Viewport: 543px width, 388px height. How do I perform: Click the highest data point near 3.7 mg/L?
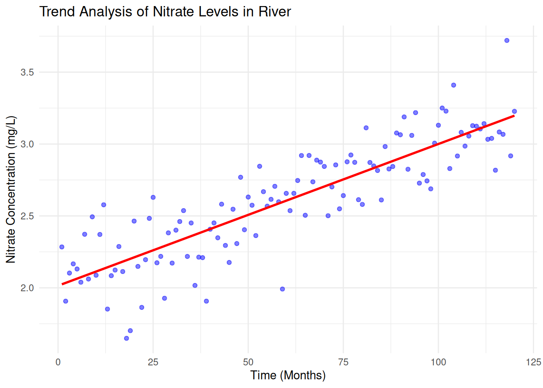(507, 40)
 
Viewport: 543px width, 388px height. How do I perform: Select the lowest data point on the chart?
(126, 338)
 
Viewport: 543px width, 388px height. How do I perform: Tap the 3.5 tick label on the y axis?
(27, 72)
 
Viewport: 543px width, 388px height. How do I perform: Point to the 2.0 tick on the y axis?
(27, 288)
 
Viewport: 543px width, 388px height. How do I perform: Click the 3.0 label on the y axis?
(27, 144)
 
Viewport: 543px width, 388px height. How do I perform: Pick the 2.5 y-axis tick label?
(27, 216)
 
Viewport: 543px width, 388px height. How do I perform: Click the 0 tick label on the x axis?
(58, 362)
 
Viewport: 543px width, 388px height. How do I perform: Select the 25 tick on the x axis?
(153, 362)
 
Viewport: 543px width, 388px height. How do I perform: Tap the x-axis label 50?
(248, 362)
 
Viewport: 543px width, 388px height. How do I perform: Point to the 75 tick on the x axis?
(343, 362)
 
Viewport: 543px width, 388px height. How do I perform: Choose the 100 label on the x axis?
(438, 362)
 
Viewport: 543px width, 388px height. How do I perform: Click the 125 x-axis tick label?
(533, 362)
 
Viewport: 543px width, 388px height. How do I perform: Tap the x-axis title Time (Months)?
(288, 375)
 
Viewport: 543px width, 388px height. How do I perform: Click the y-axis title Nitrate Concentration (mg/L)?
(11, 189)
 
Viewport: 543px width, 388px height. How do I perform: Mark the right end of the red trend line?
(514, 116)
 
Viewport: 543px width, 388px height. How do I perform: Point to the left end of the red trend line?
(62, 284)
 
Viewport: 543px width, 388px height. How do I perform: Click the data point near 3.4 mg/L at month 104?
(453, 85)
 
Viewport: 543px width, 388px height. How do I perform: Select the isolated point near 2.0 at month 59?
(282, 289)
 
